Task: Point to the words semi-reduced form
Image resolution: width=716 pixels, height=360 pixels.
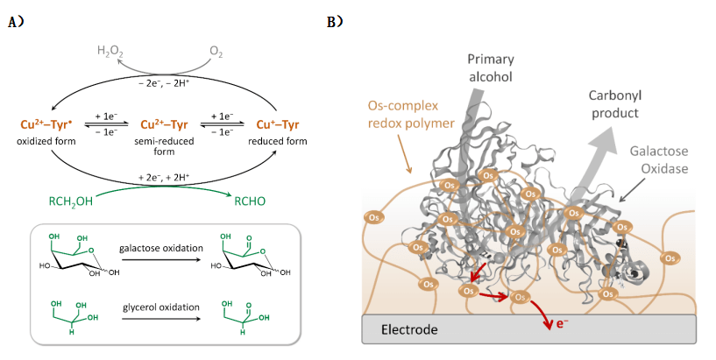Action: point(157,145)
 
